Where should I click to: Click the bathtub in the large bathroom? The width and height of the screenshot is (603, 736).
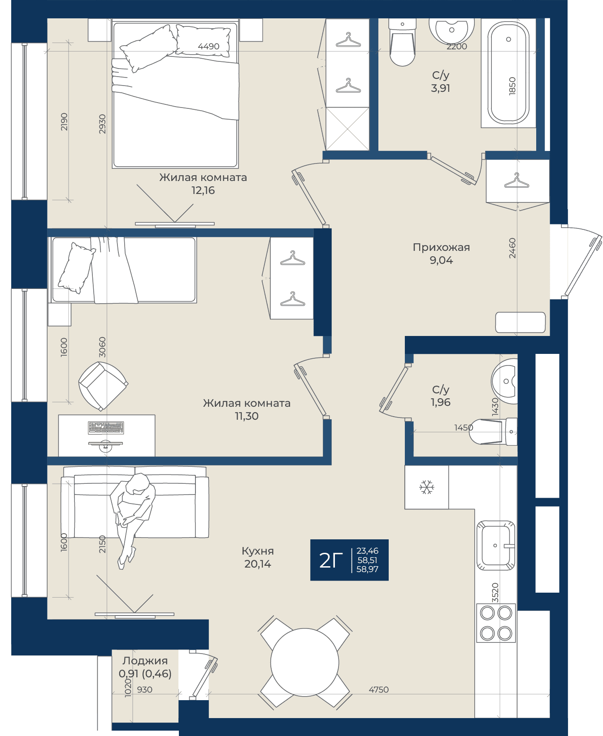click(508, 73)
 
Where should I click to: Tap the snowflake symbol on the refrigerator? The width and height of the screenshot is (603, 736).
click(426, 487)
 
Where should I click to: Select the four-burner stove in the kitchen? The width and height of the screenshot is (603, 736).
click(496, 623)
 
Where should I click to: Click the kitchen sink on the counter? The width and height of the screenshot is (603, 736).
click(495, 545)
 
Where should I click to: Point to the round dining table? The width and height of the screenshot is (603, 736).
click(304, 662)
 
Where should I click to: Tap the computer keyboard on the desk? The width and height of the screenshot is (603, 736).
click(106, 428)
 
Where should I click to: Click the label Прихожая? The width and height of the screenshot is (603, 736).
click(441, 247)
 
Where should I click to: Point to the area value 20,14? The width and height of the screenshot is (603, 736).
click(258, 564)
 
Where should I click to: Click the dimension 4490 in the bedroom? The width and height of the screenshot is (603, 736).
click(208, 46)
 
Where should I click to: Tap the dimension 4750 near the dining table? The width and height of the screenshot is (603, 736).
click(379, 689)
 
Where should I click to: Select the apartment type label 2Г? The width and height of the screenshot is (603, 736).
click(331, 560)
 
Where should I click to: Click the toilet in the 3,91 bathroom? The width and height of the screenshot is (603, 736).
click(402, 43)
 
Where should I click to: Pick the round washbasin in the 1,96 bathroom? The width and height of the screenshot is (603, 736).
click(505, 381)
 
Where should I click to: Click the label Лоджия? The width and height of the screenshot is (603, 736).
click(145, 661)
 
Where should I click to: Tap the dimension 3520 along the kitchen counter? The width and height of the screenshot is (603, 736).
click(495, 592)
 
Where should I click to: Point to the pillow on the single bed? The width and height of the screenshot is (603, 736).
click(76, 268)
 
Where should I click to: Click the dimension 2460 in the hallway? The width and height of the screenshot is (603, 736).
click(512, 248)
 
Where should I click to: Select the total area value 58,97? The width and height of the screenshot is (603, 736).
click(367, 569)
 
